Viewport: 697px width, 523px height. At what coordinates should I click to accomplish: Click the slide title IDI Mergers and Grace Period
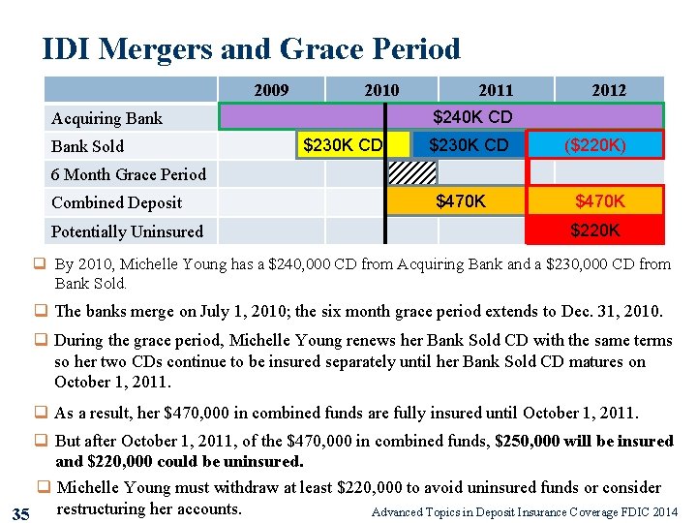[251, 48]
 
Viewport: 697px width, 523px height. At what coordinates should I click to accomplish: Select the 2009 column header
[271, 90]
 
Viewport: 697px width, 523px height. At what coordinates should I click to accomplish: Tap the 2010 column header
[381, 90]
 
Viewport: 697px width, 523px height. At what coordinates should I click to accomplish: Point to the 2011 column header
[496, 90]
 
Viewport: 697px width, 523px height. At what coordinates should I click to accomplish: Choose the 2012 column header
[609, 90]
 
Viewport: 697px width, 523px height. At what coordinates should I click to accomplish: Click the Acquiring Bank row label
[106, 118]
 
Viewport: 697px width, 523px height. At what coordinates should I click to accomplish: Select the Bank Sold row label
[87, 146]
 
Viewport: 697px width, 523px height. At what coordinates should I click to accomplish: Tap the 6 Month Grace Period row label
[129, 174]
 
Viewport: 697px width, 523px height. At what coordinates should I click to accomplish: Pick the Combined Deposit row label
[116, 202]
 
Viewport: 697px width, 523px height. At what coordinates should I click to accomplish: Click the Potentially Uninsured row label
[127, 231]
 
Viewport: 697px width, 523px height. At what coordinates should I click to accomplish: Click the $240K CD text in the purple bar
[472, 117]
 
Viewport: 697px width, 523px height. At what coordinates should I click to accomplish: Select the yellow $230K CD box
[343, 145]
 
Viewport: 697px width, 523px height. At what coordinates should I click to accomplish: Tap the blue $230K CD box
[469, 145]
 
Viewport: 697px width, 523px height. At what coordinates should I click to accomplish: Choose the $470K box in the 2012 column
[600, 201]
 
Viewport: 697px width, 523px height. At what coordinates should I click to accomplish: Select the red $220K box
[595, 231]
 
